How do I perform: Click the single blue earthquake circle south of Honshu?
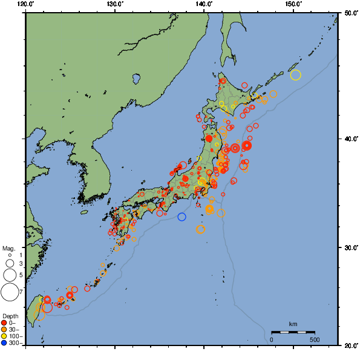click(182, 217)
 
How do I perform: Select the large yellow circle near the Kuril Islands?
click(295, 75)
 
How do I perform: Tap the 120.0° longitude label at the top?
click(26, 4)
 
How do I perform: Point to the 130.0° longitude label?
click(115, 4)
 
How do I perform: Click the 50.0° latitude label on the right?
click(350, 12)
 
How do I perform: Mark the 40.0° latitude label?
click(350, 139)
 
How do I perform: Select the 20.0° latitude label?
click(350, 345)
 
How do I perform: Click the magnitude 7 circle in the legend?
click(10, 292)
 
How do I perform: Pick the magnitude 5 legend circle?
click(10, 275)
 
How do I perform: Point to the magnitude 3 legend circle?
click(10, 264)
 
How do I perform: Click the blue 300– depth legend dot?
click(4, 343)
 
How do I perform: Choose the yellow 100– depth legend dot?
click(4, 336)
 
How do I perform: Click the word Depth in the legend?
click(10, 316)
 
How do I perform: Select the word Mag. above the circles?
click(8, 248)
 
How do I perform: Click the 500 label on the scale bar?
click(315, 339)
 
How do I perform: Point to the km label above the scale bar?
click(293, 324)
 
